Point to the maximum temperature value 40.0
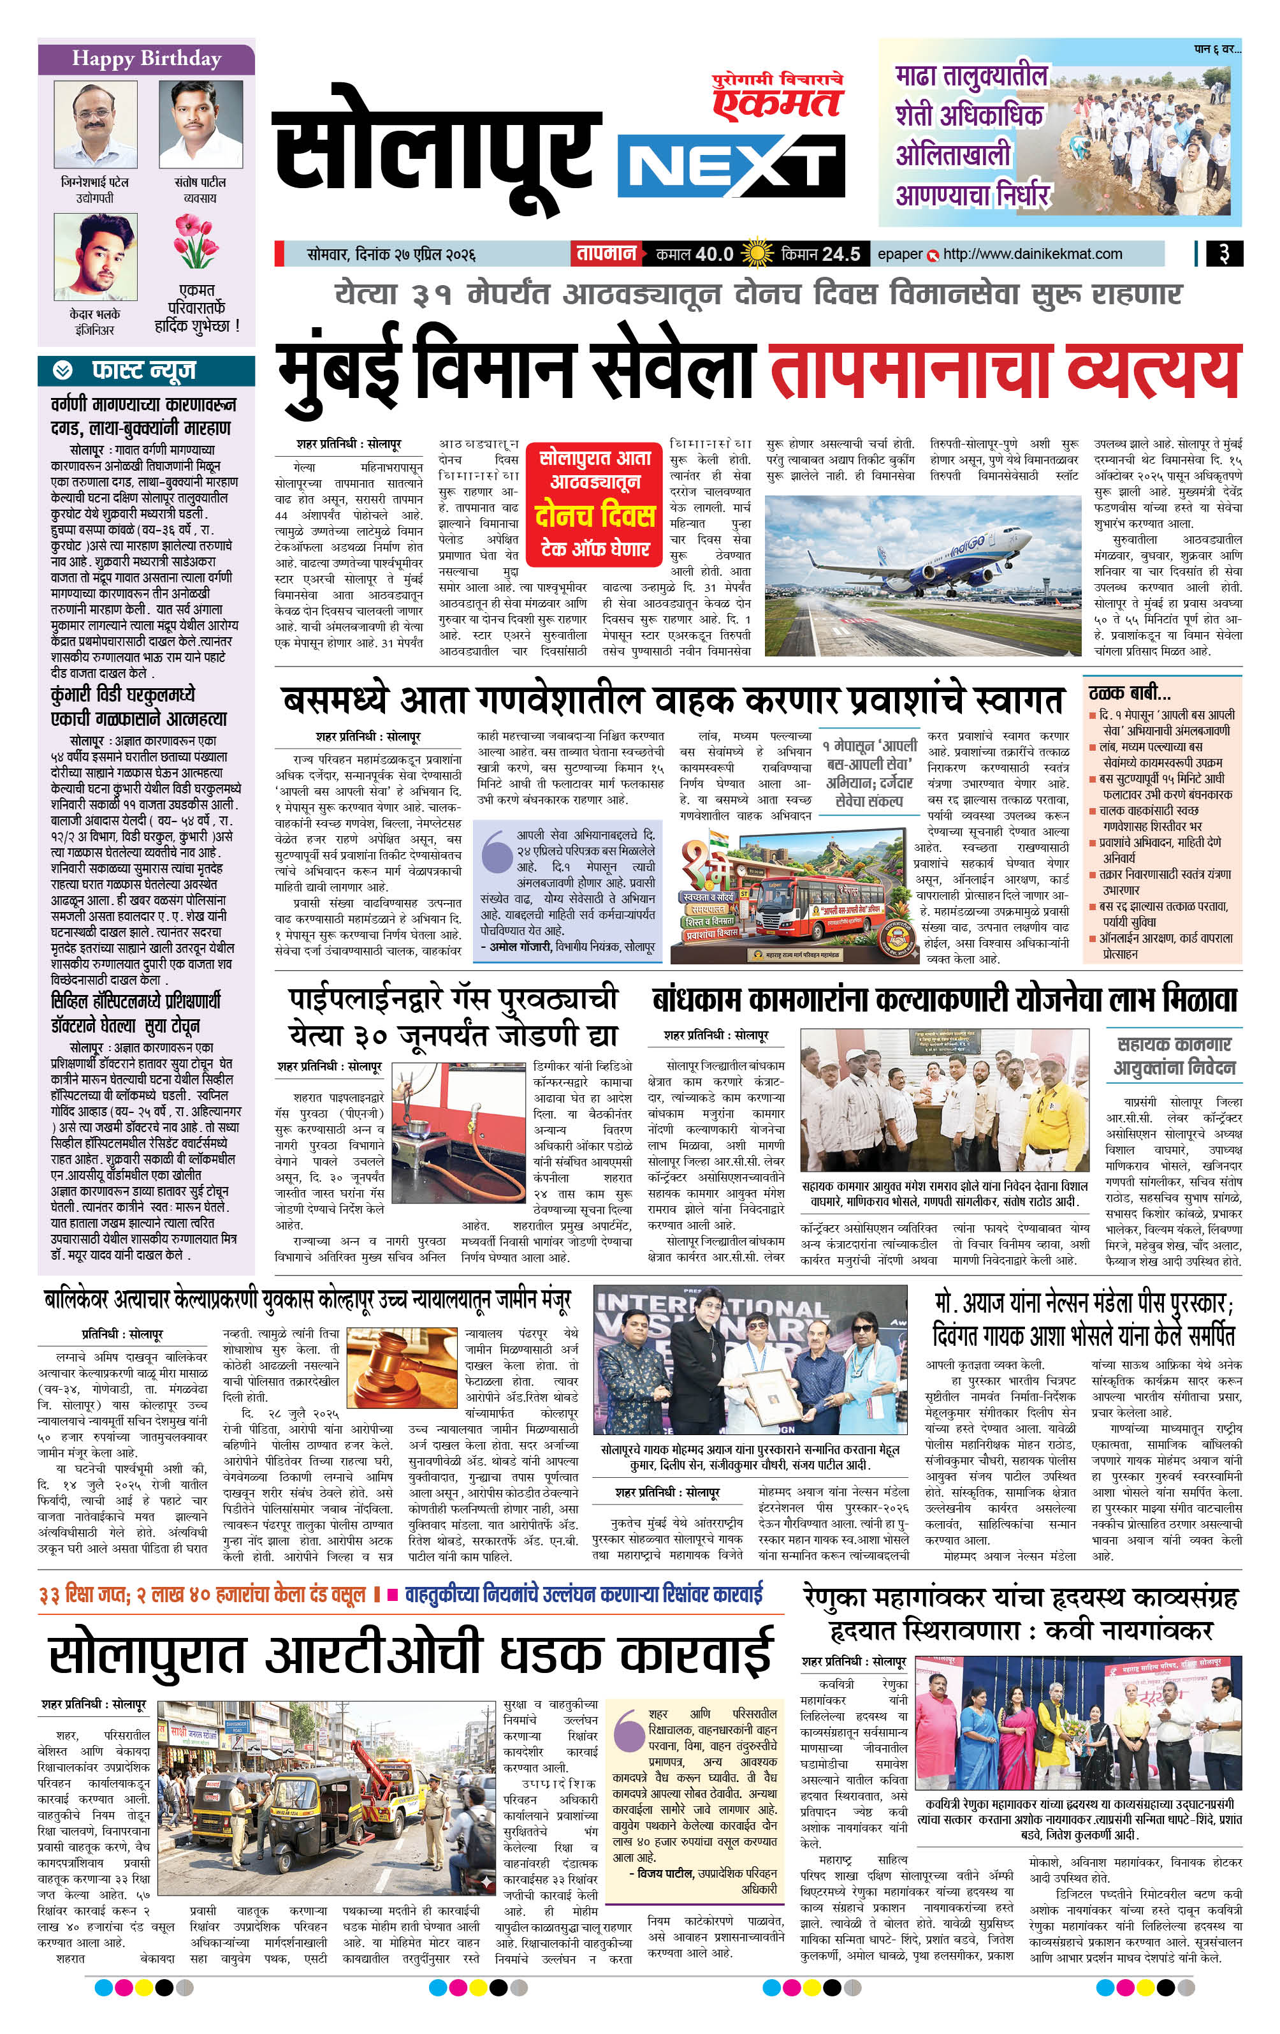pyautogui.click(x=713, y=253)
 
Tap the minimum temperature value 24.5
pyautogui.click(x=840, y=253)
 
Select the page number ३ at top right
pyautogui.click(x=1223, y=253)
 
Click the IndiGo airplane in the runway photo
pyautogui.click(x=920, y=553)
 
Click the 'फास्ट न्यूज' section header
pyautogui.click(x=143, y=370)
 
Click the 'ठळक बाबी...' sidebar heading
pyautogui.click(x=1129, y=693)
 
